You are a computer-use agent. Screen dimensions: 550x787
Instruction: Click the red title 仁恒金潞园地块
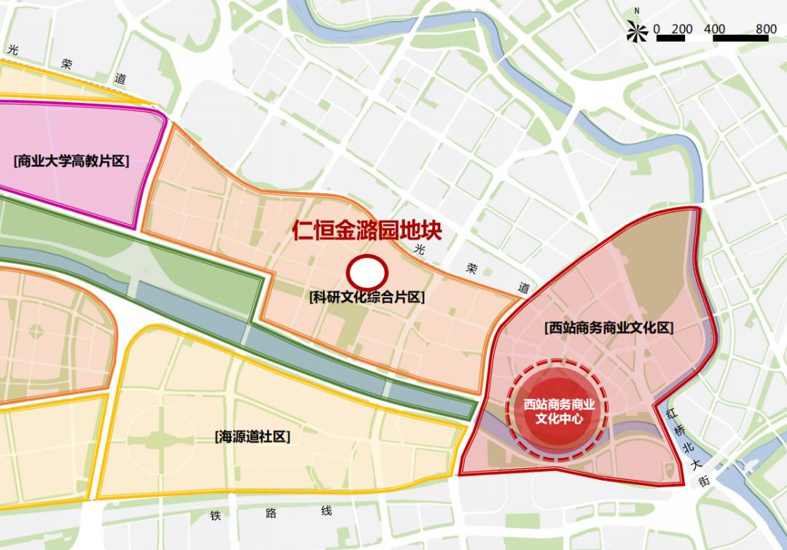(367, 231)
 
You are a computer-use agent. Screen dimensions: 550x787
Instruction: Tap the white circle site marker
(367, 273)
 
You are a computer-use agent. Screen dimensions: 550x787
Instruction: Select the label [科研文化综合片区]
(367, 298)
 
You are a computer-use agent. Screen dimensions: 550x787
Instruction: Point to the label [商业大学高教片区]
(71, 161)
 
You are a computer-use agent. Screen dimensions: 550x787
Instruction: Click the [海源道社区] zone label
(253, 437)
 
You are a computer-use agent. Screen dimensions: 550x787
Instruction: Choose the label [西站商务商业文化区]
(608, 329)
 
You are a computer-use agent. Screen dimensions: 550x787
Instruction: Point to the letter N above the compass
(637, 11)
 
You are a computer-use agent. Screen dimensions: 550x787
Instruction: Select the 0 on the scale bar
(657, 29)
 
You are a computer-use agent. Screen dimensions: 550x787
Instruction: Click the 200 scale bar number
(682, 29)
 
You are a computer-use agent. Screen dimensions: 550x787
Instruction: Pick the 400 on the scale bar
(716, 29)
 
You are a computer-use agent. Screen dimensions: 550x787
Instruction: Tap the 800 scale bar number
(766, 29)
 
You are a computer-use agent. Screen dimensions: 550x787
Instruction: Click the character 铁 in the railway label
(216, 515)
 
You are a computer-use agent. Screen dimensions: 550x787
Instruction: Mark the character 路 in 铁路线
(271, 514)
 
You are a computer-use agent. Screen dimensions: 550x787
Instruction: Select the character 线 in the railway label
(326, 511)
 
